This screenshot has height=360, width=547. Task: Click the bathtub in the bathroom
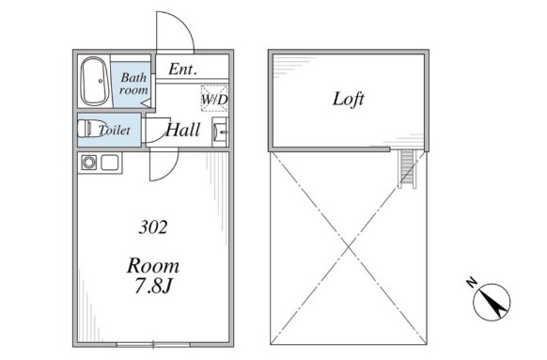tap(94, 81)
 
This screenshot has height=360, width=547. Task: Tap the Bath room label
tap(133, 84)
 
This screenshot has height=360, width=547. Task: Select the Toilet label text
tap(114, 130)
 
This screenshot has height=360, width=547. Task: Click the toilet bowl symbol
tap(90, 129)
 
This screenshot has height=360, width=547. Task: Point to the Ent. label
tap(182, 69)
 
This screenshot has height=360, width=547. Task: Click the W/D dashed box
tap(214, 99)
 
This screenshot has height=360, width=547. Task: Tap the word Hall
tap(182, 130)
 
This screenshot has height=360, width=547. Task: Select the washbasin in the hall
tap(220, 132)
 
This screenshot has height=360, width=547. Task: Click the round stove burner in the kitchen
tap(89, 163)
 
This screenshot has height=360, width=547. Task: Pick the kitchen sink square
tap(110, 163)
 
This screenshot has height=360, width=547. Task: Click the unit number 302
tap(153, 227)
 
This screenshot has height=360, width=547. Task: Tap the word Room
tap(153, 266)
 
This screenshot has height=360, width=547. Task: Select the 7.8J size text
tap(154, 287)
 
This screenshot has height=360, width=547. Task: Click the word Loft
tap(348, 99)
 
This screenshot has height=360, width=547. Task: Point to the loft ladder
tap(407, 168)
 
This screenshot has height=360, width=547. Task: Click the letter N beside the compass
tap(472, 281)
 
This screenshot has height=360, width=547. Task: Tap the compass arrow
tap(492, 302)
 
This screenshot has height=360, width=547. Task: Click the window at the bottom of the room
tap(153, 345)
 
